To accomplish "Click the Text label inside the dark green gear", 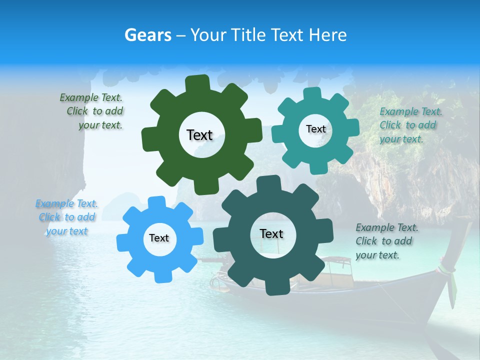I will [199, 135].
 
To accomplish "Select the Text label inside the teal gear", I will [315, 129].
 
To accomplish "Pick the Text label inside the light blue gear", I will [159, 238].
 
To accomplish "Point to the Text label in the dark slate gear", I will [271, 233].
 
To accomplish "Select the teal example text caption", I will [410, 125].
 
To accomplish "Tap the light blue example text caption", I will [67, 217].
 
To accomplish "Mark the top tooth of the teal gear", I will [312, 94].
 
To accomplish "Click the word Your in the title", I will [206, 35].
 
